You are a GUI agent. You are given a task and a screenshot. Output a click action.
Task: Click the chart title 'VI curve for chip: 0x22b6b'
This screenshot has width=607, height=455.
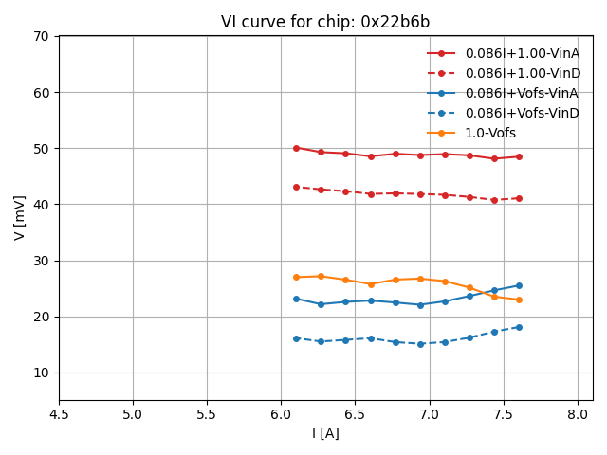(x=325, y=22)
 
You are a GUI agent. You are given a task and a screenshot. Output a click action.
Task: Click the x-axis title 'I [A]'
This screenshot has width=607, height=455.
(x=325, y=433)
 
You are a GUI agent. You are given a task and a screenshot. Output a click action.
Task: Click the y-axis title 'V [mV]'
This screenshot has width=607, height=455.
(x=20, y=218)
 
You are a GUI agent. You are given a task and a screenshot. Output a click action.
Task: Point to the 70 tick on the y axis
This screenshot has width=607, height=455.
(x=42, y=36)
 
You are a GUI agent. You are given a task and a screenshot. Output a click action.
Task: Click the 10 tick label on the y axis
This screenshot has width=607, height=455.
(x=42, y=373)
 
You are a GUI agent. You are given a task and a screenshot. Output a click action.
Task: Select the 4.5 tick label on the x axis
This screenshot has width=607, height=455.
(x=59, y=414)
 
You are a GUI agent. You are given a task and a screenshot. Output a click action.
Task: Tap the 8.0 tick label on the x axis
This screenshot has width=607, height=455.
(x=578, y=414)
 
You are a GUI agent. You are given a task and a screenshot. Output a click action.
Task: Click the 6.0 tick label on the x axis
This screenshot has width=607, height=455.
(x=281, y=414)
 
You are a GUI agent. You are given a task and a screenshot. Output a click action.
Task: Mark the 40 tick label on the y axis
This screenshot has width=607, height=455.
(x=42, y=205)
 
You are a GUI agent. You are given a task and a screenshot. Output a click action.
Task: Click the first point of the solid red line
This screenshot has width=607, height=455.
(x=296, y=148)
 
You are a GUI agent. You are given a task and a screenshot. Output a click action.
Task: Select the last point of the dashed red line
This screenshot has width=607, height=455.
(x=519, y=198)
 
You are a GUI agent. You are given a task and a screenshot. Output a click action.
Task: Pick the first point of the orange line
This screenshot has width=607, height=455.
(x=296, y=277)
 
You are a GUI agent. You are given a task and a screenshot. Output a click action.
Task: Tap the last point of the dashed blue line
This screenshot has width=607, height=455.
(x=519, y=327)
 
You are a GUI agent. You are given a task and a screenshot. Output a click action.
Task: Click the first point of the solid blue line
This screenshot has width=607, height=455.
(x=296, y=299)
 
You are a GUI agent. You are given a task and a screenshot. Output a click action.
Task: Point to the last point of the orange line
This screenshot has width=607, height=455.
(x=519, y=300)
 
